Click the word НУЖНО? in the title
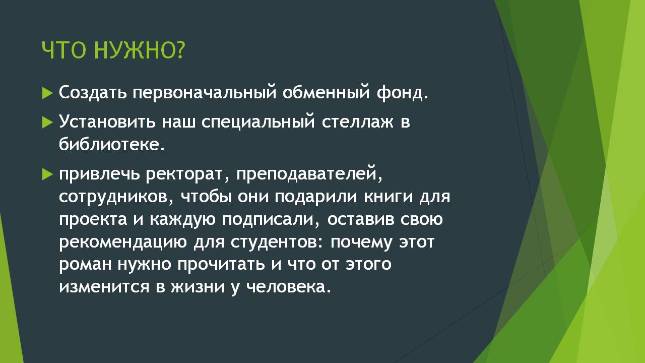coord(140,50)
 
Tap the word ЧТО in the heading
coord(64,50)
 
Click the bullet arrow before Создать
coord(47,93)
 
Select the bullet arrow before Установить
coord(47,123)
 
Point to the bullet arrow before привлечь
coord(47,174)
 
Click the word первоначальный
coord(205,93)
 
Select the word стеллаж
coord(357,122)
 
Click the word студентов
coord(277,243)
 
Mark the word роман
coord(85,265)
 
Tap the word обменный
coord(326,93)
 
